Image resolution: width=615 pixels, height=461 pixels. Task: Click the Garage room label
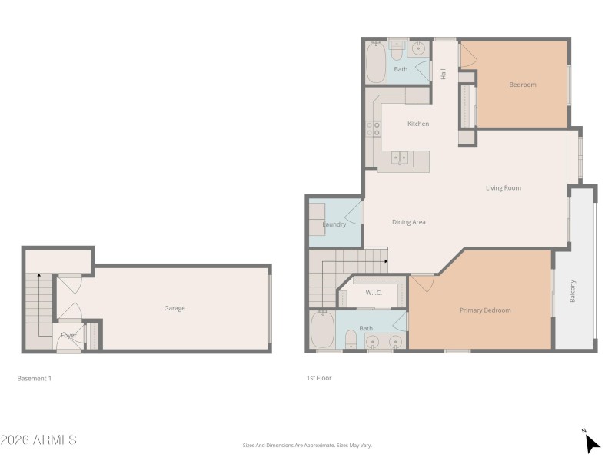click(x=175, y=309)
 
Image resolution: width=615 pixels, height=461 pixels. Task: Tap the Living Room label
click(x=504, y=188)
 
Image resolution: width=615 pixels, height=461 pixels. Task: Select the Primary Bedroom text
click(x=485, y=310)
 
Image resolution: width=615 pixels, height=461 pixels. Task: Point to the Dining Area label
click(x=409, y=222)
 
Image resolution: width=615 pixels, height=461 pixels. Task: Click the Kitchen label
click(x=418, y=124)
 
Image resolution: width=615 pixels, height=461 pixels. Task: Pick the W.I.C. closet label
click(x=374, y=293)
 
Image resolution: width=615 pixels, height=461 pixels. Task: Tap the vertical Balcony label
click(x=573, y=291)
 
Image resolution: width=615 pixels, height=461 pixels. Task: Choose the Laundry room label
click(x=334, y=224)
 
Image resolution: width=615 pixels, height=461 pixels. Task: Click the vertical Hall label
click(x=444, y=74)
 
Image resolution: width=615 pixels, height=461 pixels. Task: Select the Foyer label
click(x=68, y=336)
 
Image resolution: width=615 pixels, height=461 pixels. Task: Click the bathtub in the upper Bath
click(x=376, y=62)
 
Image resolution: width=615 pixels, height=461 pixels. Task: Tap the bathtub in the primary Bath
click(x=322, y=330)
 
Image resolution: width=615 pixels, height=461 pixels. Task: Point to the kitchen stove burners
click(x=373, y=129)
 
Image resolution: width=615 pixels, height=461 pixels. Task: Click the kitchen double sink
click(x=400, y=158)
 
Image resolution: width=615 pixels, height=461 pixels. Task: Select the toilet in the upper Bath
click(x=397, y=51)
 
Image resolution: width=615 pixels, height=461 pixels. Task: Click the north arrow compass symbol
click(x=592, y=443)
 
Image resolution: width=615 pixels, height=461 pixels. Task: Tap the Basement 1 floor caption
click(x=34, y=379)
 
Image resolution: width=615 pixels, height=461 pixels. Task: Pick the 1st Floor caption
click(x=319, y=378)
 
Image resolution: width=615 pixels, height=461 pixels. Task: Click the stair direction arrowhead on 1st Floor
click(x=387, y=261)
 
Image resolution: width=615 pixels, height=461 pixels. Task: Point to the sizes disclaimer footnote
click(x=307, y=446)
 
